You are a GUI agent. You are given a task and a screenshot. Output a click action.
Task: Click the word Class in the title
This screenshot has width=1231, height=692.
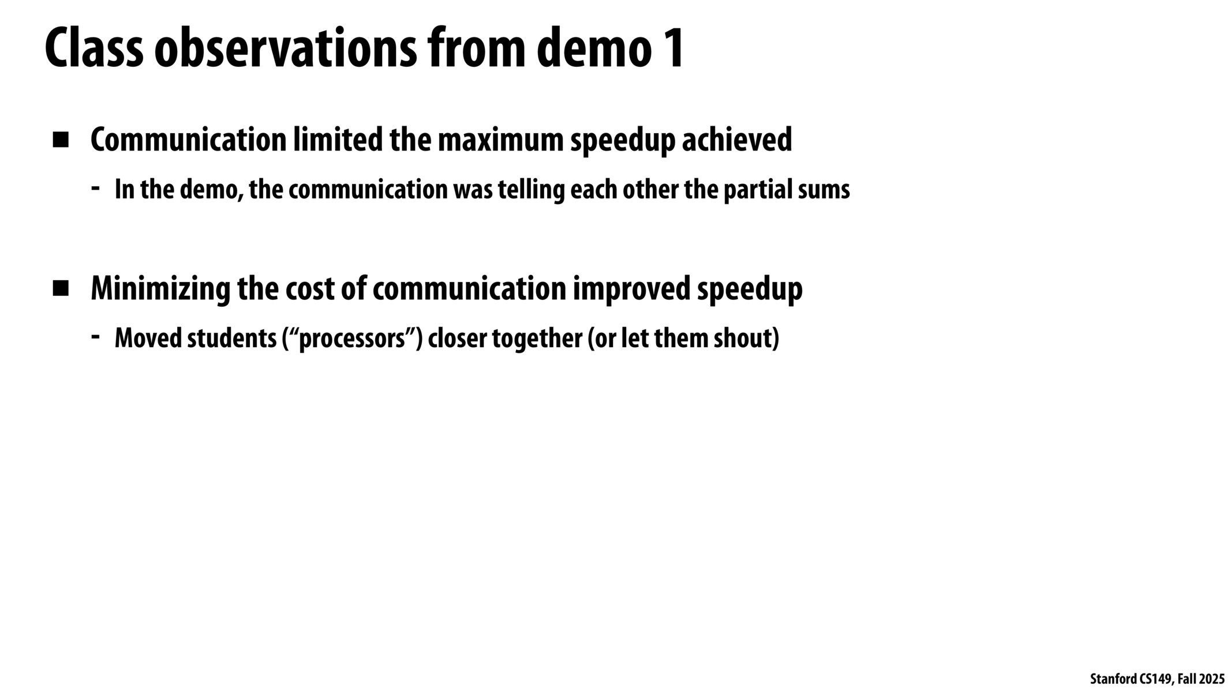point(93,49)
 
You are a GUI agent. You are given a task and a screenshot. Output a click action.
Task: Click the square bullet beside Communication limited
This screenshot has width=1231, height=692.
point(60,140)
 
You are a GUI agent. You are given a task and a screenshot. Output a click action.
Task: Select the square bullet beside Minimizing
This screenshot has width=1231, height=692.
point(60,288)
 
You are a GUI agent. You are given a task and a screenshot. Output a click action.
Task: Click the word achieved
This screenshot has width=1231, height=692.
point(737,140)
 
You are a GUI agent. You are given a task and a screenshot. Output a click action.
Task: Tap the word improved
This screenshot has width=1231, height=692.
point(631,288)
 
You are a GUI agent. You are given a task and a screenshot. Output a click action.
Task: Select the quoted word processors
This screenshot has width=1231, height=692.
point(353,339)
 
